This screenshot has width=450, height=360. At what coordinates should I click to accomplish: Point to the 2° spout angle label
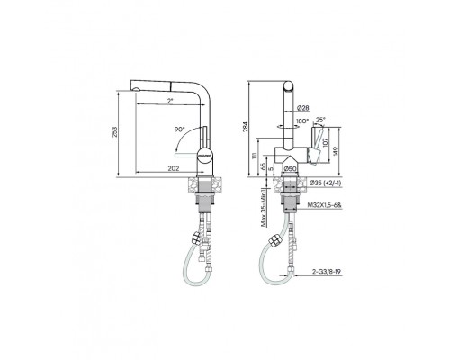point(171,101)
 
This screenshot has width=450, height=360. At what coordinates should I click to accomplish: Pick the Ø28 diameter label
point(304,108)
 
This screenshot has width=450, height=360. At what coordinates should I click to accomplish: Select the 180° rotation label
point(302,121)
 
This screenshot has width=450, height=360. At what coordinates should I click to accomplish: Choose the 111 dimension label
point(256,157)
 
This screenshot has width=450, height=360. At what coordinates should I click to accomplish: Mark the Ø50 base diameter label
point(291,168)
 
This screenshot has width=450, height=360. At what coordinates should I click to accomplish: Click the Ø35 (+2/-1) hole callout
point(326,183)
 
